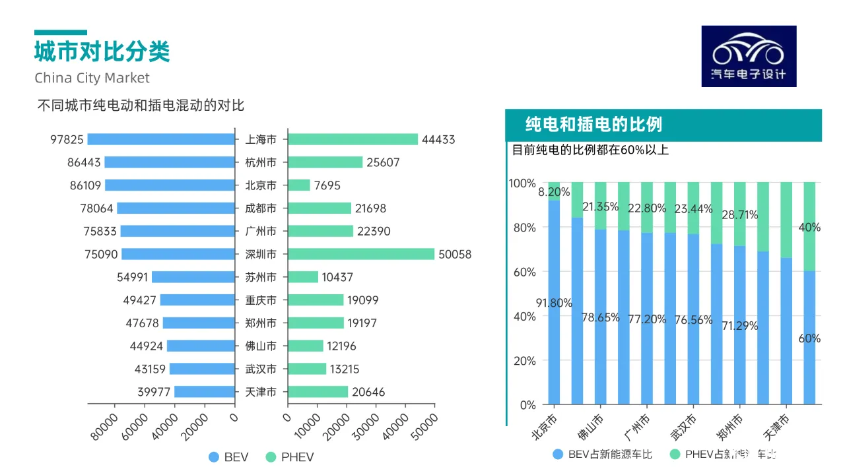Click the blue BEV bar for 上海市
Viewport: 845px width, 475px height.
pyautogui.click(x=161, y=139)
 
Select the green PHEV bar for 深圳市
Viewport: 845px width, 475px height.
pyautogui.click(x=361, y=254)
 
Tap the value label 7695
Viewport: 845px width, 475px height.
pyautogui.click(x=327, y=185)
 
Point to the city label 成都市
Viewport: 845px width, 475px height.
pyautogui.click(x=261, y=208)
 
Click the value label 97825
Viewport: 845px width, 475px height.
pyautogui.click(x=67, y=140)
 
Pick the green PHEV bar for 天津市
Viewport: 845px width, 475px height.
pyautogui.click(x=318, y=392)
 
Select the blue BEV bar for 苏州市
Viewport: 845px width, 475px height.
pyautogui.click(x=193, y=277)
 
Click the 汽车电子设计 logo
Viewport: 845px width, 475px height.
pyautogui.click(x=749, y=56)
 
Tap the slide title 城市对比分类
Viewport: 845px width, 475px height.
pyautogui.click(x=102, y=51)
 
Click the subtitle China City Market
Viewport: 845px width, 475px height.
pyautogui.click(x=92, y=78)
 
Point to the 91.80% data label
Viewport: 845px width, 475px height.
pyautogui.click(x=554, y=303)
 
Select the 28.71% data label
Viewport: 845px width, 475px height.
pyautogui.click(x=740, y=215)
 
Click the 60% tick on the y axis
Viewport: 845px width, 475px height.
pyautogui.click(x=523, y=272)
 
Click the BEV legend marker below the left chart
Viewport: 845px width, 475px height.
pyautogui.click(x=213, y=457)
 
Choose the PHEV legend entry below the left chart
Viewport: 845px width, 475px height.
pyautogui.click(x=290, y=457)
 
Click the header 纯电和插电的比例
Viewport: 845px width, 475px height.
pyautogui.click(x=593, y=125)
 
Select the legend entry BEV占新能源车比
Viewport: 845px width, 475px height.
pyautogui.click(x=602, y=454)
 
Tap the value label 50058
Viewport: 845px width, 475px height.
pyautogui.click(x=456, y=255)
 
